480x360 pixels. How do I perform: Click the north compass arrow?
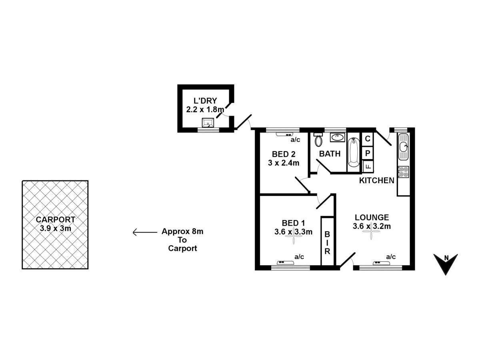point(446,264)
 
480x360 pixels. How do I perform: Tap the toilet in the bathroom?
point(318,140)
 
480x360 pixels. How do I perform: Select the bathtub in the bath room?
point(354,152)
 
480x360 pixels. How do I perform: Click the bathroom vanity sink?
point(338,138)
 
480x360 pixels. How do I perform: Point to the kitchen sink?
point(403,147)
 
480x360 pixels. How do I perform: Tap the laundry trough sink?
point(208,122)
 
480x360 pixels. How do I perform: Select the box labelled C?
point(368,139)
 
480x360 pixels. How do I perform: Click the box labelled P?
point(368,152)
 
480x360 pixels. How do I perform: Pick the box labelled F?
point(368,166)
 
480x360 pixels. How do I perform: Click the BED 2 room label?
point(284,154)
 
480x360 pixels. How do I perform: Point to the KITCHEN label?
point(376,180)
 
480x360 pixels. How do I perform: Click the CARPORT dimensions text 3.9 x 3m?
point(55,229)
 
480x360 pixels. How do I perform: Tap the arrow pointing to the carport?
point(144,232)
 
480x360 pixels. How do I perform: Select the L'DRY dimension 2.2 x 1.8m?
point(205,109)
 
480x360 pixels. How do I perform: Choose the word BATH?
point(330,154)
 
